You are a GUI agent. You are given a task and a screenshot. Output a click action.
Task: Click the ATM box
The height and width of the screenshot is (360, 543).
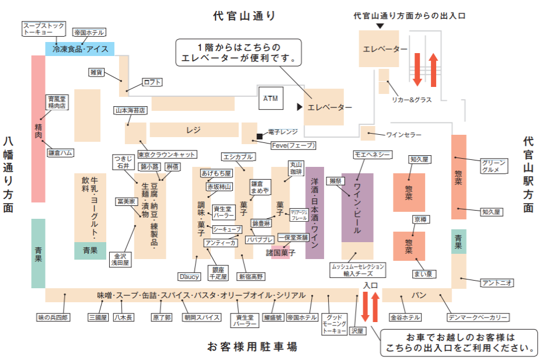[x=270, y=99]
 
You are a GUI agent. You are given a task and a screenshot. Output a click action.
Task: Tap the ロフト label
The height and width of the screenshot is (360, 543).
[x=152, y=82]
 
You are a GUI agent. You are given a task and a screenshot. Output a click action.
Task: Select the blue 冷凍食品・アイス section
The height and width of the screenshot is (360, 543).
[x=80, y=50]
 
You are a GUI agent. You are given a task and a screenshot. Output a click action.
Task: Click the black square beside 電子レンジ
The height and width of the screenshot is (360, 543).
[x=259, y=137]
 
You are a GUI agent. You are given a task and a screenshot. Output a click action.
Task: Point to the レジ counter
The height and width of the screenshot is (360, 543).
[x=194, y=130]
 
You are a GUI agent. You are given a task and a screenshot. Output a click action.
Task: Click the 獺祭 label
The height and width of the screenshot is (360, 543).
[x=334, y=181]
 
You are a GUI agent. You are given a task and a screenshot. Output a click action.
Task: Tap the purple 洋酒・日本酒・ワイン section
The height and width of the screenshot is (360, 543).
[x=314, y=213]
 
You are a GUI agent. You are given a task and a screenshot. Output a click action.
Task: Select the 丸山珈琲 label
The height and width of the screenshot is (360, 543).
[x=297, y=168]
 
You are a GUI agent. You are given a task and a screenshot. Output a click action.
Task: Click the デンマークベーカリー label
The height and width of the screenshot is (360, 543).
[x=478, y=318]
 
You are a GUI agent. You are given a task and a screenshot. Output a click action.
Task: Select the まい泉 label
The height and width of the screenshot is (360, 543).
[x=422, y=274]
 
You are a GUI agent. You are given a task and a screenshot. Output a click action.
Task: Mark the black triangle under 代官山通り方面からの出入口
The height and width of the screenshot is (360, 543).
[x=380, y=26]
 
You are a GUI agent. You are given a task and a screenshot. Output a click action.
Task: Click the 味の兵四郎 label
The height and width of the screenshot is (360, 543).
[x=53, y=317]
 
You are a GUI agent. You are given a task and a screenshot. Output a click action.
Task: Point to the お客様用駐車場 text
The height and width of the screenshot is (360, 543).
[x=252, y=347]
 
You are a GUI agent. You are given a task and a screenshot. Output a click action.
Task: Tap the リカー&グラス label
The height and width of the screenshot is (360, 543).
[x=412, y=100]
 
